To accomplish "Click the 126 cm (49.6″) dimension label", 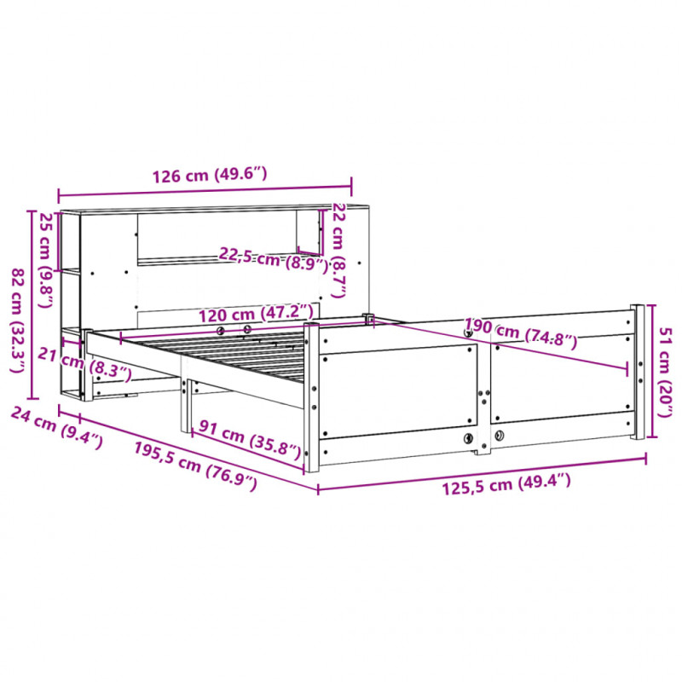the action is (x=209, y=175).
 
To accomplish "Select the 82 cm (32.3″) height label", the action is (x=18, y=321).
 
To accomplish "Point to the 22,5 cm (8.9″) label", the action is (x=273, y=260).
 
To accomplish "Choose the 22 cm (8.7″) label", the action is (x=338, y=251).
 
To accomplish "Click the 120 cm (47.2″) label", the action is (x=257, y=314).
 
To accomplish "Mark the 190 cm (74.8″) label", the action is (x=521, y=333).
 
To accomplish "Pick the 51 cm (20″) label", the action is (x=666, y=373).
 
